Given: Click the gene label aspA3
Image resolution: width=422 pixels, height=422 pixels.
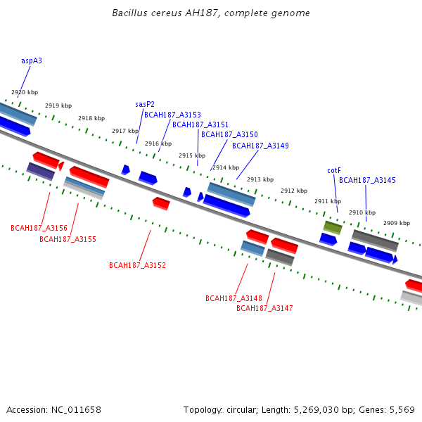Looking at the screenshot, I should [x=32, y=61].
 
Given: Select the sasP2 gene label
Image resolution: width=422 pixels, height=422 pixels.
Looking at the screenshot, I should [x=145, y=104].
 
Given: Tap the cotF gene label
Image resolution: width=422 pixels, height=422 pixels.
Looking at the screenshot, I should [x=334, y=170].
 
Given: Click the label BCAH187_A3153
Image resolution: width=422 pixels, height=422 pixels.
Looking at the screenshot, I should [x=172, y=115].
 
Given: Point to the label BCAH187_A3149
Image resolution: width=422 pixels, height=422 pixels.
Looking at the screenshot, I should [x=260, y=146].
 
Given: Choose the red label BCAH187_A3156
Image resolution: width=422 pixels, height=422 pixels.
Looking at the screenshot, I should [x=39, y=228].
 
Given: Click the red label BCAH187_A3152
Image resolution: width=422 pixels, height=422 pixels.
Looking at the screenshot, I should [x=137, y=265].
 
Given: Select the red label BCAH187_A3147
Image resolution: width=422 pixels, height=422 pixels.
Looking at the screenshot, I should [x=264, y=308].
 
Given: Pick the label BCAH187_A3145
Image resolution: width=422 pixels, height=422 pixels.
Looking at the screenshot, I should [x=367, y=181].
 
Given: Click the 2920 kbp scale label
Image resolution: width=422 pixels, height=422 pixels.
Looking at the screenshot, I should [x=25, y=93].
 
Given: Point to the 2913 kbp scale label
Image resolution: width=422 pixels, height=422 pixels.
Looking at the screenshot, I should [x=260, y=180].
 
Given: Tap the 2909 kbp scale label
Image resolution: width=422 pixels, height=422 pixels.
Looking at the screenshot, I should [x=397, y=224].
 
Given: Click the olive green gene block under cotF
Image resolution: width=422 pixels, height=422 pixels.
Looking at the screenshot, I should [x=333, y=227].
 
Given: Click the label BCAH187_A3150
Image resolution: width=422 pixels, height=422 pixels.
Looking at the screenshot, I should [x=229, y=134].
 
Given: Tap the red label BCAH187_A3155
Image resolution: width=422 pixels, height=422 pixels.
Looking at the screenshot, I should [x=68, y=239].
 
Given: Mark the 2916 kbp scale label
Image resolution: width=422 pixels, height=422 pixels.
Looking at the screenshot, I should [x=158, y=144].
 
